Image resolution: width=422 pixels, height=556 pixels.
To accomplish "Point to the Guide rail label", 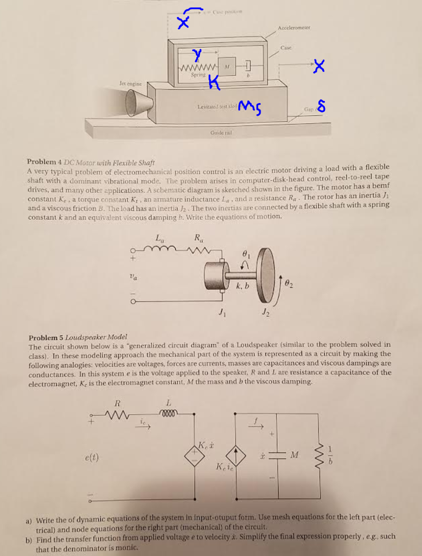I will click(219, 132).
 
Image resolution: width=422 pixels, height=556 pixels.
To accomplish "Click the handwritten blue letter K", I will click(215, 83).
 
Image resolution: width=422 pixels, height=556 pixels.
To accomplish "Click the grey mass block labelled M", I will click(228, 66).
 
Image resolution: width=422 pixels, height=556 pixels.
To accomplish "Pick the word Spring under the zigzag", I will click(199, 74).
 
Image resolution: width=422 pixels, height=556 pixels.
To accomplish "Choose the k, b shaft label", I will click(242, 286).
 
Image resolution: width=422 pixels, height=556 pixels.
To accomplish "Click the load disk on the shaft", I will click(266, 275).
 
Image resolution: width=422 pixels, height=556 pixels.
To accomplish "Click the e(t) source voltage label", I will click(91, 457).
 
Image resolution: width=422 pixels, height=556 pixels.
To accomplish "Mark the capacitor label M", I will click(295, 454).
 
